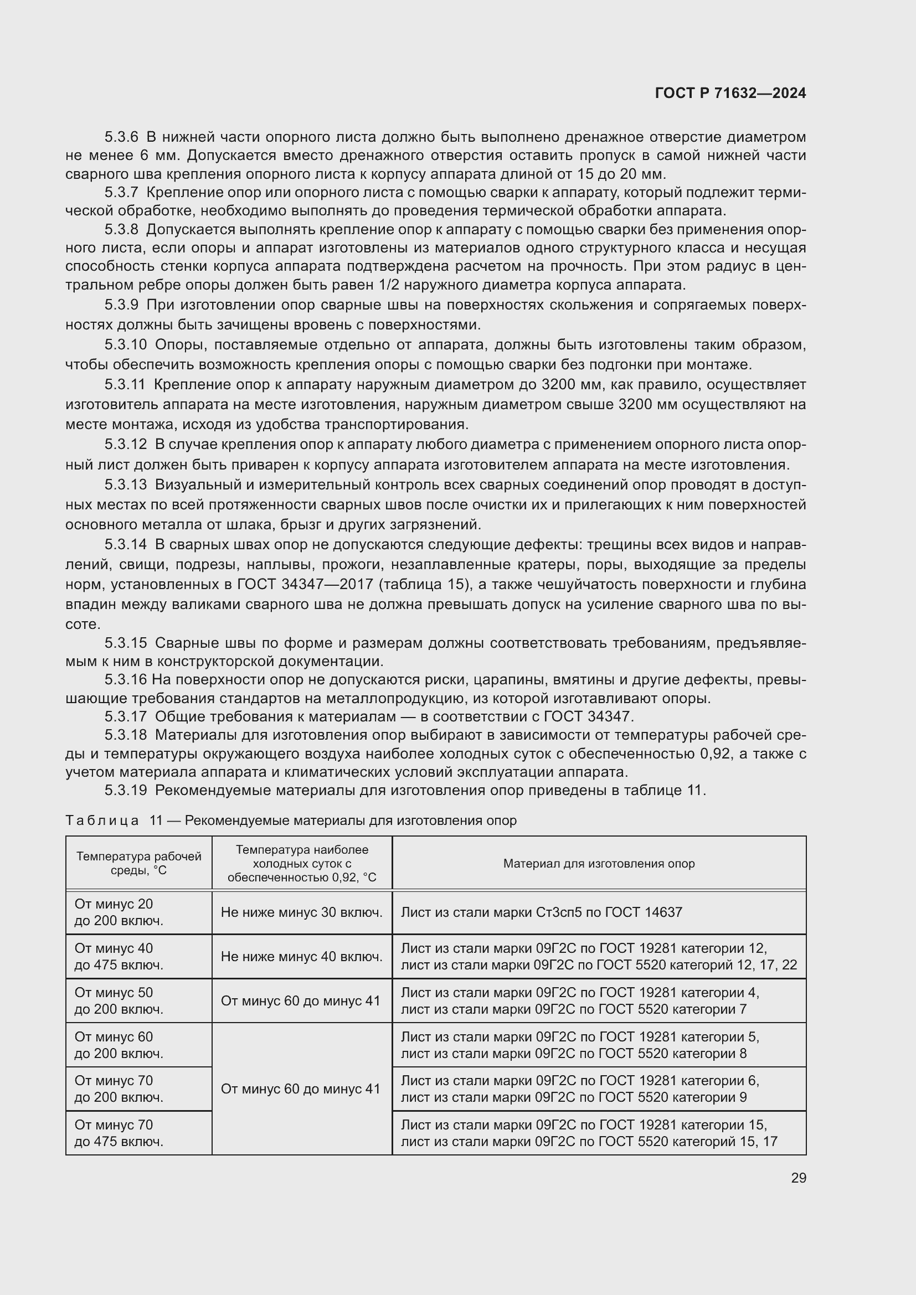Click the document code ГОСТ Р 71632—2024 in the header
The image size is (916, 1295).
point(730,93)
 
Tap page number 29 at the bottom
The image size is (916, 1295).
point(798,1178)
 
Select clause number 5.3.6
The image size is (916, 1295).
point(121,137)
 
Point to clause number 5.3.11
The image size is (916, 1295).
point(125,385)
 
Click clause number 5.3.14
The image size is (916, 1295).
point(125,545)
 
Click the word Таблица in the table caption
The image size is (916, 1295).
point(102,821)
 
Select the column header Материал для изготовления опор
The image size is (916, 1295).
point(599,864)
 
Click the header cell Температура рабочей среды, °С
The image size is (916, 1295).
point(139,864)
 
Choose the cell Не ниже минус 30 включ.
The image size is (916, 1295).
point(301,912)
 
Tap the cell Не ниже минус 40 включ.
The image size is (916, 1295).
point(301,957)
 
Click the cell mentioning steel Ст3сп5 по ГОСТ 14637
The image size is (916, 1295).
point(541,912)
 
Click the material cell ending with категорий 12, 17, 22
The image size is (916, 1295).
point(599,957)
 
